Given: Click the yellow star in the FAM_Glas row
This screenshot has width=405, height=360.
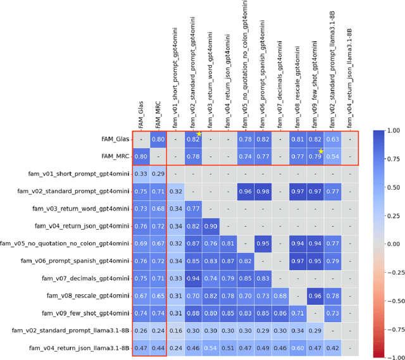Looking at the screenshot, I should click(x=199, y=133).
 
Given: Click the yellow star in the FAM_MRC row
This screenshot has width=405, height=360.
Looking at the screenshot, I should click(x=321, y=151).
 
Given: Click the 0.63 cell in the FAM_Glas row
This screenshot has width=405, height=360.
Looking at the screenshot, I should click(x=332, y=139).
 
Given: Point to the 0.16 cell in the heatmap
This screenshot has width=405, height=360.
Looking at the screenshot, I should click(x=176, y=330).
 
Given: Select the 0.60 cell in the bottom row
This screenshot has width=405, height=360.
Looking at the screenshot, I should click(x=297, y=347).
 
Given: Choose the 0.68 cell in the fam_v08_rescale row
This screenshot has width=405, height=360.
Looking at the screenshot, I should click(x=280, y=295).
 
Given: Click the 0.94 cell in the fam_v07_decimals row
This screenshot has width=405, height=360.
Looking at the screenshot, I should click(x=193, y=278).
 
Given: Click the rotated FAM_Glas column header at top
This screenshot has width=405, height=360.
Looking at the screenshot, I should click(x=141, y=111).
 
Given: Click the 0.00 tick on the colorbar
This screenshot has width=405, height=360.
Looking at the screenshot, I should click(x=380, y=243).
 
